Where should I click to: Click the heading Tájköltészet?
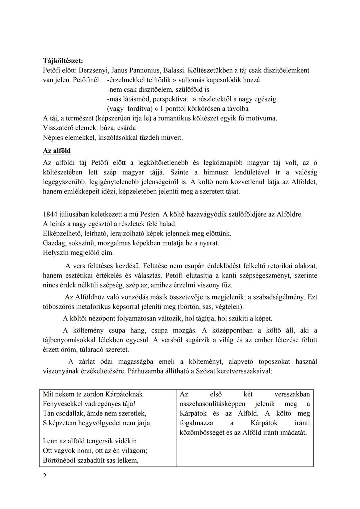63,61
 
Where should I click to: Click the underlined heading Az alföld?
57,151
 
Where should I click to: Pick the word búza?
107,128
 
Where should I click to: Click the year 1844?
50,214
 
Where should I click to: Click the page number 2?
45,476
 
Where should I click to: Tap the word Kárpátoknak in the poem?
123,394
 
